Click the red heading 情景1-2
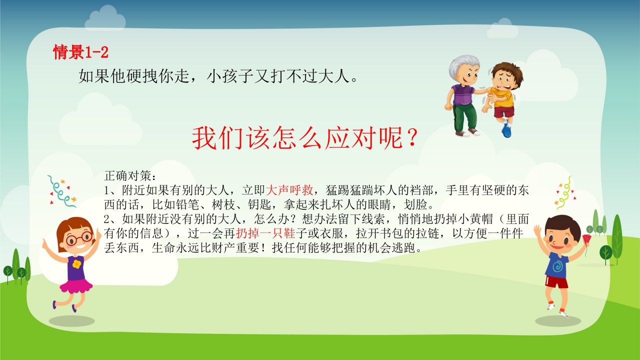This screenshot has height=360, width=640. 81,52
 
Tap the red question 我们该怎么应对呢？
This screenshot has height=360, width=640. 305,138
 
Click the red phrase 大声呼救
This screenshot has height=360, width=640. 289,190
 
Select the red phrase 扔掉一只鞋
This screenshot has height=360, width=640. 265,233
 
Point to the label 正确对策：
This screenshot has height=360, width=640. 130,175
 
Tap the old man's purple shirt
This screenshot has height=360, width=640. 462,94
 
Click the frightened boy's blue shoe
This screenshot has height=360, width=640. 506,130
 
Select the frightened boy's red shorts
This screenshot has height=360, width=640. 504,111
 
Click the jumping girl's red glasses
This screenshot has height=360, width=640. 79,238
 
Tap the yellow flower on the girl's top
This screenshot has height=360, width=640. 76,264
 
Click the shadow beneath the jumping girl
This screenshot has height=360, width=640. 71,321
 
